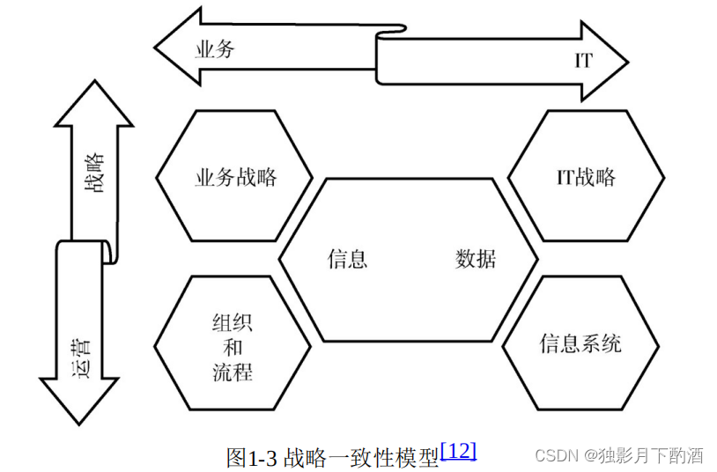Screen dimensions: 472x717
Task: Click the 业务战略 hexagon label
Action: [x=235, y=177]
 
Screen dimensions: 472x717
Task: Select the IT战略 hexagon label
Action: [x=586, y=177]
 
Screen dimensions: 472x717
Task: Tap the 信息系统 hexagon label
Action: [x=580, y=343]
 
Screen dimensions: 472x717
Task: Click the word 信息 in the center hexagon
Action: [x=347, y=259]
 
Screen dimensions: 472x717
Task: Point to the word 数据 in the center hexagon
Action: [x=476, y=259]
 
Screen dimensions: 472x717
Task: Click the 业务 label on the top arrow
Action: [x=215, y=49]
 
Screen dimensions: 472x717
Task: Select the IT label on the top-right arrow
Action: [x=583, y=61]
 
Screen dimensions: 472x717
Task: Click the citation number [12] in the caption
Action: [x=458, y=451]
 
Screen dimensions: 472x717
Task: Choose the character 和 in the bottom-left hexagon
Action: [x=233, y=347]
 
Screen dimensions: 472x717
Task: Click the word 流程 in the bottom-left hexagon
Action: [x=233, y=372]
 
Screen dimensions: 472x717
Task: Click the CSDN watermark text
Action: [x=555, y=455]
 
